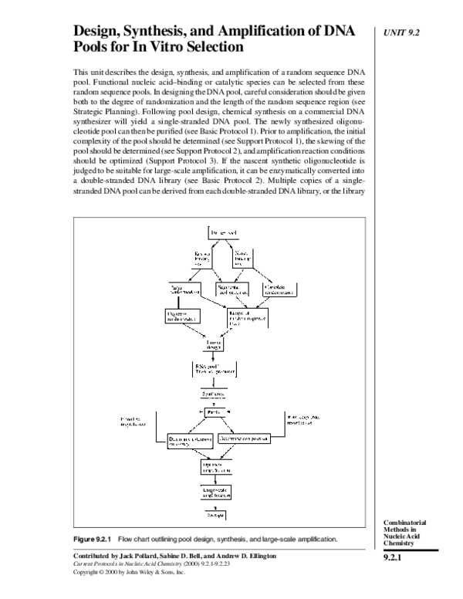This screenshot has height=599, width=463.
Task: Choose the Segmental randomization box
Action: pyautogui.click(x=232, y=291)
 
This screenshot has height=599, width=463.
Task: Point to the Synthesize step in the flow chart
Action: pyautogui.click(x=214, y=393)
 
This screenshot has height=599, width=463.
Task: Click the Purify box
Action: pyautogui.click(x=214, y=413)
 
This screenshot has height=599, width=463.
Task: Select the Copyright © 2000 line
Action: pyautogui.click(x=130, y=574)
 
